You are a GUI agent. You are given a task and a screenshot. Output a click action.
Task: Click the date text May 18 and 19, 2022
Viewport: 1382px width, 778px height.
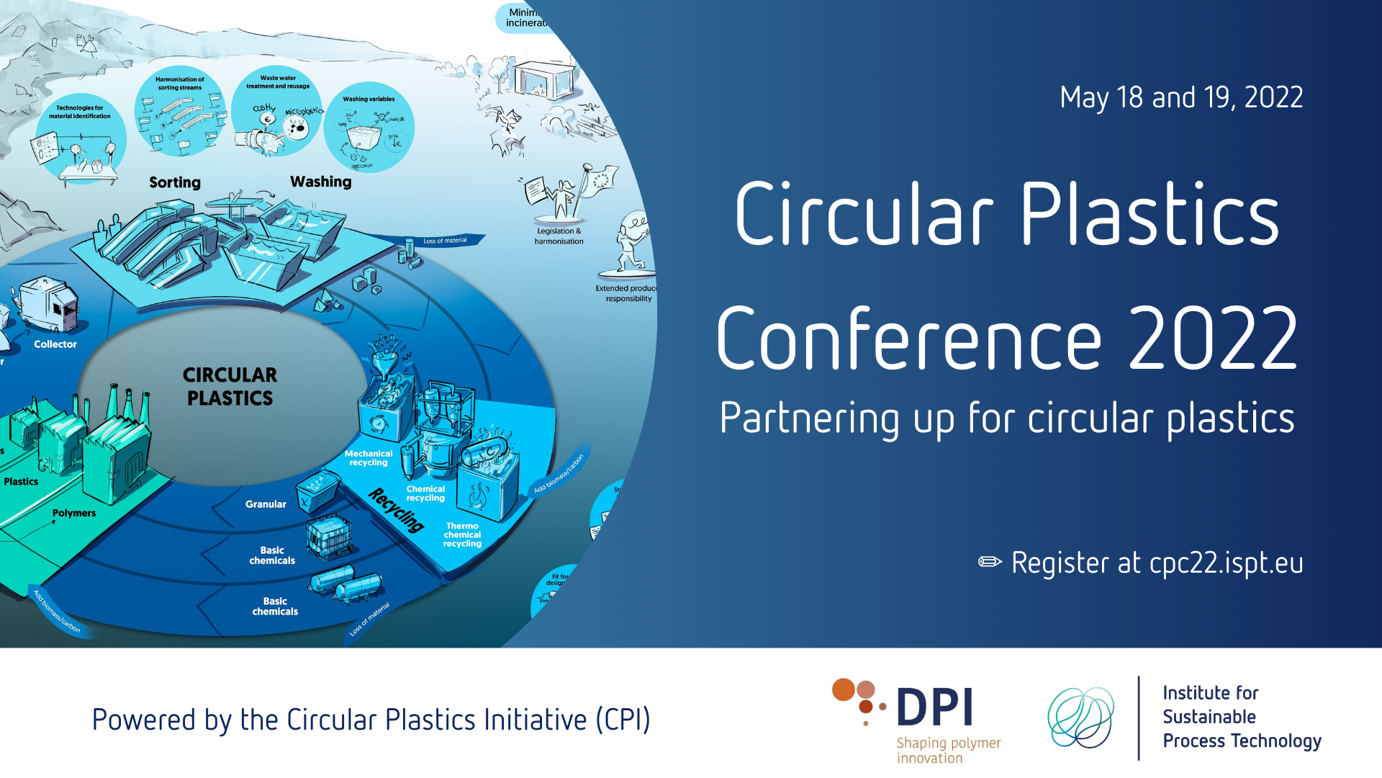[1181, 98]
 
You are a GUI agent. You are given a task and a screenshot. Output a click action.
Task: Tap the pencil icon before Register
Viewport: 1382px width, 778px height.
[990, 562]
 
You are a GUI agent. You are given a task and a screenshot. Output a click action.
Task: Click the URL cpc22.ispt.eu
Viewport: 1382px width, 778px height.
[1226, 563]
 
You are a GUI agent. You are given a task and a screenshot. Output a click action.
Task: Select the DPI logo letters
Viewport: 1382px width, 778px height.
[935, 707]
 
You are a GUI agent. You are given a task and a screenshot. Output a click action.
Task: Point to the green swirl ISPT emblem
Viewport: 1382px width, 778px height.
[1080, 717]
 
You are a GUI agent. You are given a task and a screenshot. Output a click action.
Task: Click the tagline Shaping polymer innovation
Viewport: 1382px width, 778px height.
[948, 750]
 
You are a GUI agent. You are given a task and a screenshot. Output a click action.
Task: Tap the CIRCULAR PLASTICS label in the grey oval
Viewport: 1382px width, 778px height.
[230, 387]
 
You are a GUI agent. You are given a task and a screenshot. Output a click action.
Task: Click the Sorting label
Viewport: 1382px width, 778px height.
[175, 183]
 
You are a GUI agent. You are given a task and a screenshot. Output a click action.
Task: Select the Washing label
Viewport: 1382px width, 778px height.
[320, 182]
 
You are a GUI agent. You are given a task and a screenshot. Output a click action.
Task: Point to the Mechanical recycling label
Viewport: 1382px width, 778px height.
[369, 458]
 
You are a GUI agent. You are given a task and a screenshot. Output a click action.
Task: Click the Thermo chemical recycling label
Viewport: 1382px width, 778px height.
[462, 535]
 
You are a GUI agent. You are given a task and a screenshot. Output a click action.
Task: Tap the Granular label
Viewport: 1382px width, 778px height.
[266, 504]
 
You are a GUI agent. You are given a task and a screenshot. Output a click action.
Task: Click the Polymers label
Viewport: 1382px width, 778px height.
[74, 513]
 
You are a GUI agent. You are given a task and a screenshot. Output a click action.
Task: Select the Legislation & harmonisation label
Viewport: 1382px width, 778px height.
[559, 236]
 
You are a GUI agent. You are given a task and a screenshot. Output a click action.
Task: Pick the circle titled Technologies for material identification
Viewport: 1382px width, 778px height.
[80, 137]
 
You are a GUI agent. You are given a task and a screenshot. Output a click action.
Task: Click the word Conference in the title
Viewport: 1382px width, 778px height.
[908, 339]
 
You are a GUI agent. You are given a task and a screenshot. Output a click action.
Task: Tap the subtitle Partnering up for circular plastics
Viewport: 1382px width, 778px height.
[1006, 419]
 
